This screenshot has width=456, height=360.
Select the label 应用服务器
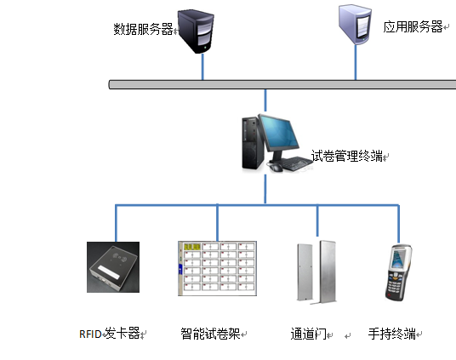coord(413,27)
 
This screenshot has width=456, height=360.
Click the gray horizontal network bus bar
coord(281,83)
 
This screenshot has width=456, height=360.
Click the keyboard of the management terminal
coord(295,162)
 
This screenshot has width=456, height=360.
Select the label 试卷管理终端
coord(346,156)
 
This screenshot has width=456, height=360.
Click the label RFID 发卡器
coord(110,333)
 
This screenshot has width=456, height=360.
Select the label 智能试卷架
coord(210,333)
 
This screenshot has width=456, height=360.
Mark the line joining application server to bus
coord(356,65)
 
